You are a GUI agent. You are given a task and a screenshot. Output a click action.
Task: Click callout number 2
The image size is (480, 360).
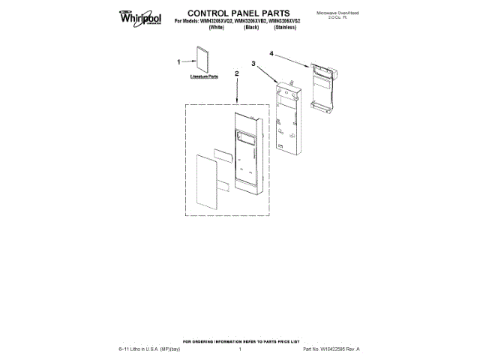pyautogui.click(x=237, y=73)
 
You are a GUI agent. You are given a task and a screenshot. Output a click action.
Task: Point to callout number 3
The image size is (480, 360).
pyautogui.click(x=254, y=64)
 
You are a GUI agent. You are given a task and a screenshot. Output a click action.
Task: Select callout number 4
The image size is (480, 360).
pyautogui.click(x=271, y=54)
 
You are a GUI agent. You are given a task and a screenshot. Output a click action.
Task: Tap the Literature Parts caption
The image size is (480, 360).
pyautogui.click(x=199, y=76)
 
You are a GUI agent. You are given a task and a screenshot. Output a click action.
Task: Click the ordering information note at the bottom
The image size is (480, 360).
pyautogui.click(x=239, y=341)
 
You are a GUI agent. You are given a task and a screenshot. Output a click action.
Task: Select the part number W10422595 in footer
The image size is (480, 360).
pyautogui.click(x=329, y=349)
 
